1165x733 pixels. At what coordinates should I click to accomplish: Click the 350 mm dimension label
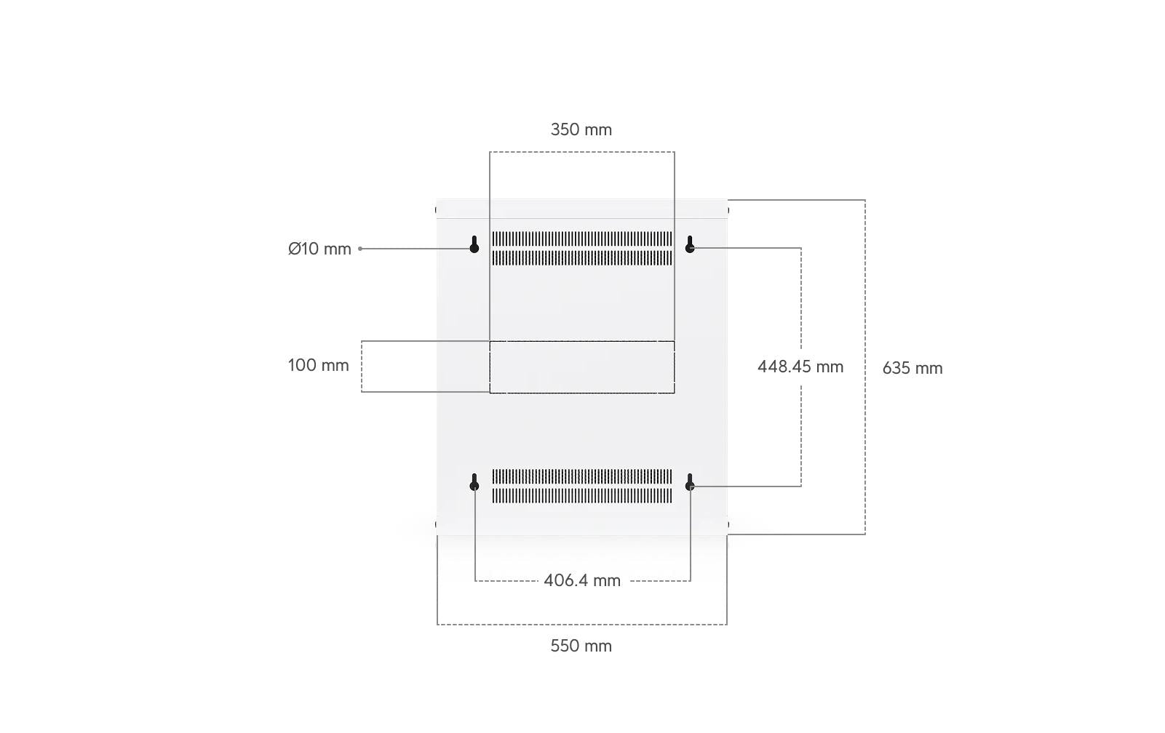pos(581,129)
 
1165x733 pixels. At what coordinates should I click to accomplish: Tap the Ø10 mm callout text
pos(319,249)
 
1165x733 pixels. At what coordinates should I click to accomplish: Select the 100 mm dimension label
pos(318,366)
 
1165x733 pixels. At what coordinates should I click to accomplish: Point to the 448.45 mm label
pos(800,367)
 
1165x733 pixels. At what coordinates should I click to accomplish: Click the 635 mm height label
pos(912,369)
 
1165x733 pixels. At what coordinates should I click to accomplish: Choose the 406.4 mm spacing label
pos(582,581)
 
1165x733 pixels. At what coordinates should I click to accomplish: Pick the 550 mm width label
pos(581,646)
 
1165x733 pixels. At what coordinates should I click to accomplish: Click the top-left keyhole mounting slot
pos(474,244)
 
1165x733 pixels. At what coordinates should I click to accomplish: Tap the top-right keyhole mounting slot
pos(690,244)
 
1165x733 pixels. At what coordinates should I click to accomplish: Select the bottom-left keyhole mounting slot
pos(474,482)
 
